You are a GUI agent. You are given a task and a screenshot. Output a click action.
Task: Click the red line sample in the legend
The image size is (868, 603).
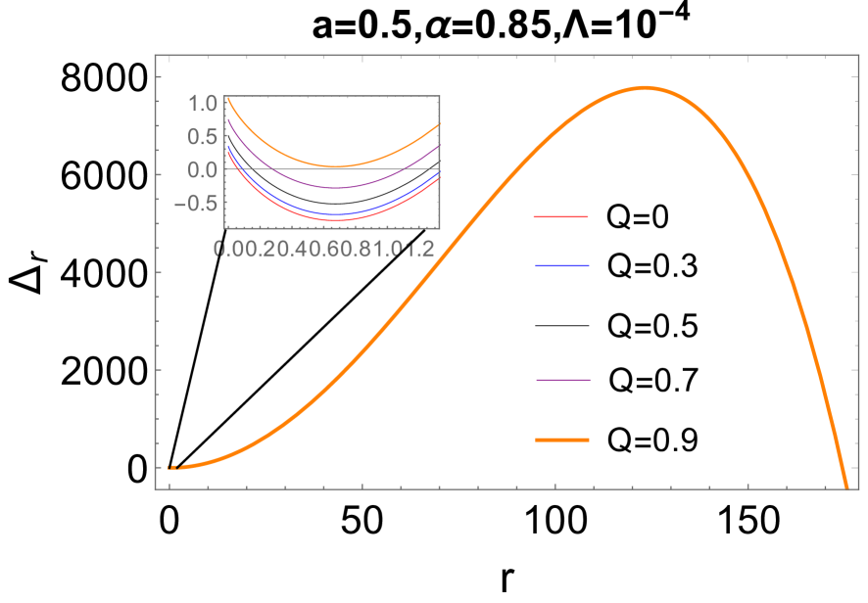coord(560,216)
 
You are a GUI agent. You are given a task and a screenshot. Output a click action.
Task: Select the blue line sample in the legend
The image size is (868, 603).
coord(560,266)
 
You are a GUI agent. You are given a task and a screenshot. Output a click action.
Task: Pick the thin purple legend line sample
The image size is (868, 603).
coord(562,380)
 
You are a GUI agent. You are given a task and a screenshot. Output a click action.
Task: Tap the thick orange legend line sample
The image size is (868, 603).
coord(561,441)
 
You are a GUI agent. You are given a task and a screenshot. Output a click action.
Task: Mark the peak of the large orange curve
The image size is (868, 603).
coord(644,88)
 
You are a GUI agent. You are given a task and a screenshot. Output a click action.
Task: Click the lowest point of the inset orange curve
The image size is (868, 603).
coord(335,166)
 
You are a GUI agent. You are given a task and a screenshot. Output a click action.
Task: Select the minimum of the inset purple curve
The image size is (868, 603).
coord(335,187)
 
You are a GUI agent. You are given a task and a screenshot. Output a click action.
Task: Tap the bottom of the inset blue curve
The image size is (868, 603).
coord(335,213)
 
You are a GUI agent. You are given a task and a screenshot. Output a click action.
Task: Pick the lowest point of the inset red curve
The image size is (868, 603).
coord(335,220)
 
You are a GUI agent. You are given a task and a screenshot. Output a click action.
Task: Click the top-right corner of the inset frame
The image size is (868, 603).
coord(439,96)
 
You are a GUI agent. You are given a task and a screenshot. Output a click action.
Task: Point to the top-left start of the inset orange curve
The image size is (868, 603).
coord(228,98)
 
